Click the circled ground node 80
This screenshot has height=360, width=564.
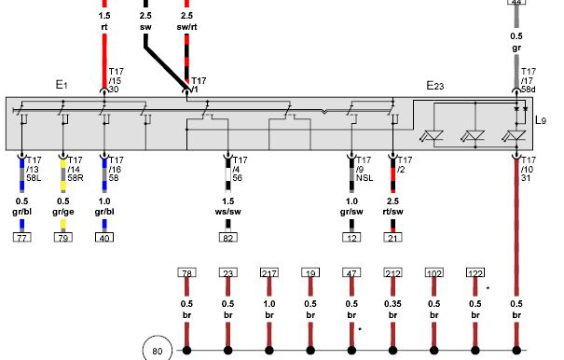click(x=158, y=349)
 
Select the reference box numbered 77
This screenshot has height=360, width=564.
click(x=22, y=238)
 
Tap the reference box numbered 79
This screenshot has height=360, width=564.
click(x=63, y=238)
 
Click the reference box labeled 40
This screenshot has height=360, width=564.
click(x=104, y=238)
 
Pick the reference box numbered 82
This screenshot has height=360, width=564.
click(x=228, y=238)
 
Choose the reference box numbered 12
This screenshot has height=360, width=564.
click(x=351, y=238)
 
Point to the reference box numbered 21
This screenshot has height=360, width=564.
click(x=392, y=238)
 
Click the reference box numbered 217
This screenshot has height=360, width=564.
click(x=269, y=273)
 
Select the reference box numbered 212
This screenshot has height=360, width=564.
click(x=392, y=273)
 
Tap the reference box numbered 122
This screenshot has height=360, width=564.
click(x=475, y=273)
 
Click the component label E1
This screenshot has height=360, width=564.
click(x=62, y=85)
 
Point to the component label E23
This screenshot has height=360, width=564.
click(x=434, y=86)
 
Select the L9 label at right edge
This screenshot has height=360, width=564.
click(x=541, y=120)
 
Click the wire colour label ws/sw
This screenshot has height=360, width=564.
click(x=228, y=212)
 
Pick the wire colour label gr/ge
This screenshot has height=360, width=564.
click(x=63, y=212)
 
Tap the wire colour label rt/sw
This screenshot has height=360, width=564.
click(x=392, y=212)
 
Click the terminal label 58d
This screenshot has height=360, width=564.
click(x=528, y=90)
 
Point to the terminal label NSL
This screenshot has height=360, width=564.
click(x=365, y=178)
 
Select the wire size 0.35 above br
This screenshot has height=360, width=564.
click(x=392, y=304)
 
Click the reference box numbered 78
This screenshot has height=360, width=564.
click(x=186, y=273)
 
